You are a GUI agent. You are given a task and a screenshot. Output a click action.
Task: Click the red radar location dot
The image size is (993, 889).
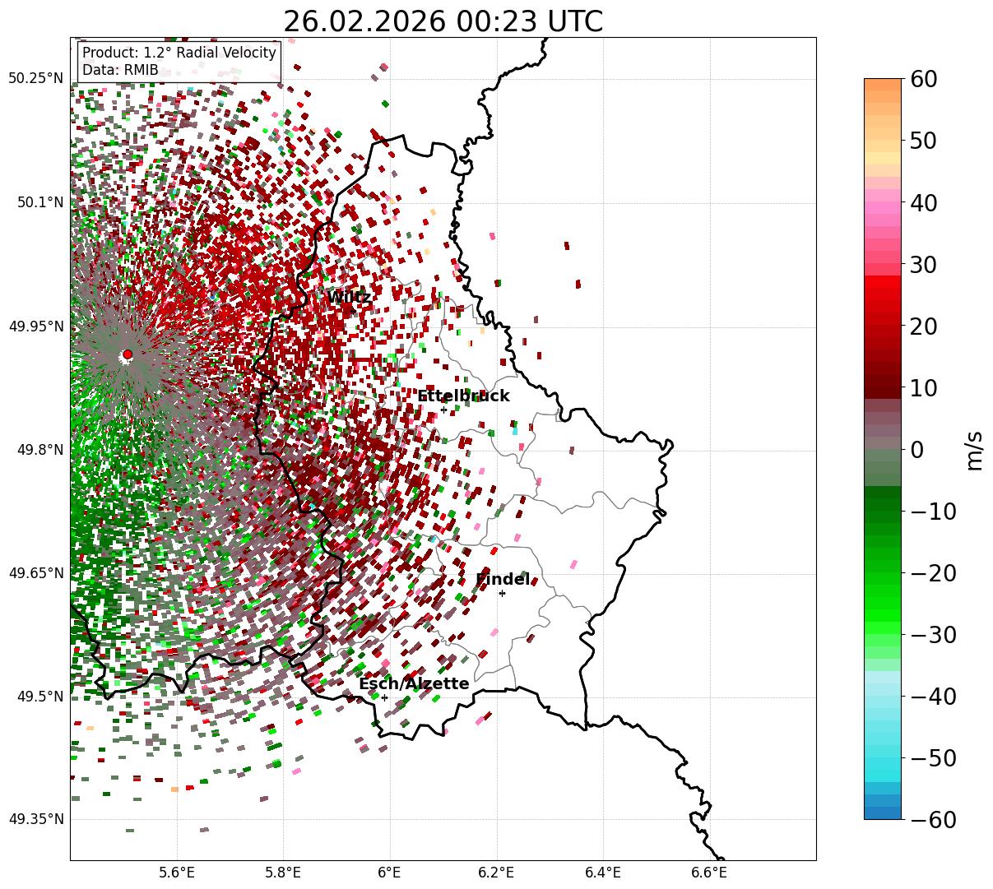pos(127,354)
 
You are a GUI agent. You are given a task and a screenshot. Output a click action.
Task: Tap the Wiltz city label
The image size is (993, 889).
pos(349,297)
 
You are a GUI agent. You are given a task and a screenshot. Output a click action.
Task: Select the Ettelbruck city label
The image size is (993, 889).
pos(463,396)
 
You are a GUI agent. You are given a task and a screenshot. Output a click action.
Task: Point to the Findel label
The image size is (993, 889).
pos(503,580)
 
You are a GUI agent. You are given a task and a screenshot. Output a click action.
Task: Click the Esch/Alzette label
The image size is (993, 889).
pos(414,684)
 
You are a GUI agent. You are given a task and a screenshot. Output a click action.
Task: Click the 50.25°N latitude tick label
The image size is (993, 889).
pos(35,78)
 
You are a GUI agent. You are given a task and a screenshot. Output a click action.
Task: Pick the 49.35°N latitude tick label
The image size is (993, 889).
pos(35,819)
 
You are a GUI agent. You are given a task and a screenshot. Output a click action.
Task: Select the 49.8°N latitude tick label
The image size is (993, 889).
pos(39,450)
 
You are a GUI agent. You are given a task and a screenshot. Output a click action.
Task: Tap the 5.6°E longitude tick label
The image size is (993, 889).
pos(177,872)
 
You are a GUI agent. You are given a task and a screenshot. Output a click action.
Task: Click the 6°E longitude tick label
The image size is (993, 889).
pos(389,872)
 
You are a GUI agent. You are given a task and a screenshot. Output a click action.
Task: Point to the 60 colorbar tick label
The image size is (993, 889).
pos(926,80)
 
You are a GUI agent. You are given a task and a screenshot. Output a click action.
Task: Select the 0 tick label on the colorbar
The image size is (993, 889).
pos(916,450)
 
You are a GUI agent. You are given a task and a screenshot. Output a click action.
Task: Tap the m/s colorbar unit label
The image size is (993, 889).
pos(975,450)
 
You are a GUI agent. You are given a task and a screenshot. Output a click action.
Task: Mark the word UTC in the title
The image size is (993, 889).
pos(573,21)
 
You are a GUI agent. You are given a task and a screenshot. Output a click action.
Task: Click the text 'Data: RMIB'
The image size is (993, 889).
pos(120,70)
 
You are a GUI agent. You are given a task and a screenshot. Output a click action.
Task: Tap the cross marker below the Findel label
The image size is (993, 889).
pos(502,593)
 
